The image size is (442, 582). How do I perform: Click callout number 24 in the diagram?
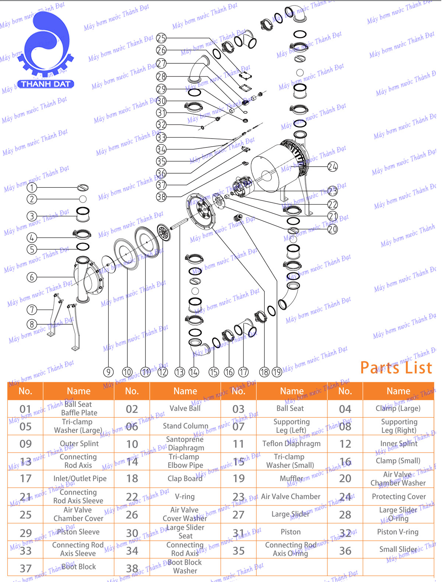tap(332, 167)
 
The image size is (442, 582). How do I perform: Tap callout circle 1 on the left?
tap(32, 188)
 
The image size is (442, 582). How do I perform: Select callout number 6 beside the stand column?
tap(32, 277)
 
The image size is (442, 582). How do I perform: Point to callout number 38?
tap(161, 197)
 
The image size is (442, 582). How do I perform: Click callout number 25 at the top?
tap(161, 38)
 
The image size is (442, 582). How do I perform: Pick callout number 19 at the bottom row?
tap(277, 372)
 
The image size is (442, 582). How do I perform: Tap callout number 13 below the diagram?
tap(180, 372)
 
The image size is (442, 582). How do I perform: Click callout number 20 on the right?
tap(332, 229)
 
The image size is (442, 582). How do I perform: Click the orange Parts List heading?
tap(396, 368)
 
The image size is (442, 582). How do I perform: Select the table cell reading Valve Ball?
tap(185, 408)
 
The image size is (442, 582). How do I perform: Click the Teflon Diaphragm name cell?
tap(291, 443)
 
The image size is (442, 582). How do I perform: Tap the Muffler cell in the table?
tap(291, 478)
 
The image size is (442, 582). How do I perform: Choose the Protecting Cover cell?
tap(399, 496)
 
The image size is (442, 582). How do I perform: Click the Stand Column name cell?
tap(185, 426)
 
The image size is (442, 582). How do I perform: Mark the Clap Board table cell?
tap(185, 478)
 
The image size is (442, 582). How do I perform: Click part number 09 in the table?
tap(25, 444)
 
